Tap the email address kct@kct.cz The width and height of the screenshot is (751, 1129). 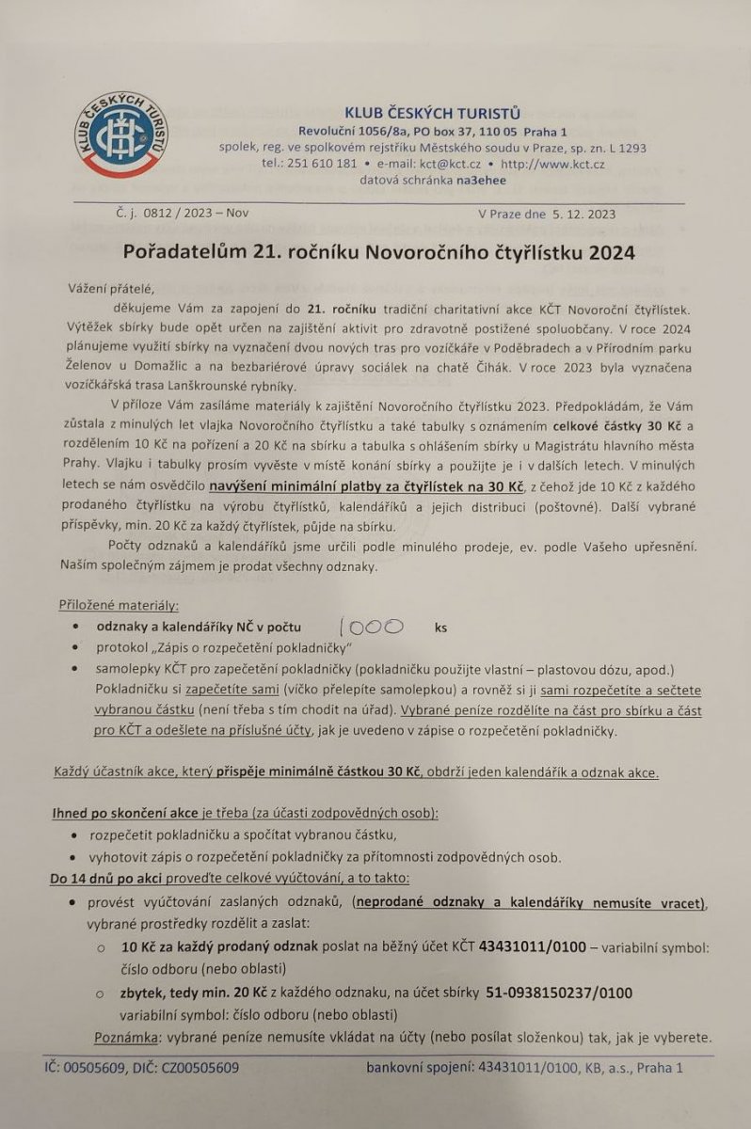click(x=449, y=163)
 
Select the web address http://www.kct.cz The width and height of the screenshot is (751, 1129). click(x=553, y=163)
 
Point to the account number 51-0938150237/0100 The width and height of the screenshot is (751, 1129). click(x=558, y=993)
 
